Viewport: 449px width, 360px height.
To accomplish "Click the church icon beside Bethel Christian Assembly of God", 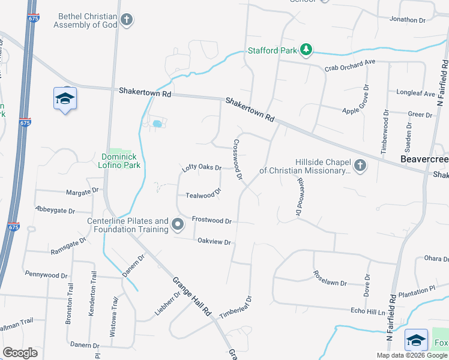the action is point(126,20).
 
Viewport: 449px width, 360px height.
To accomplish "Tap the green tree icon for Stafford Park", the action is point(306,49).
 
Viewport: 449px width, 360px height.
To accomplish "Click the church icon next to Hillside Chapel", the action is point(360,164).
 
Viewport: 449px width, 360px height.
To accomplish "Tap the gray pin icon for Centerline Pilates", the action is point(178,224).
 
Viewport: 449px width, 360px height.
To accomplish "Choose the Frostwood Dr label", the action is point(211,220).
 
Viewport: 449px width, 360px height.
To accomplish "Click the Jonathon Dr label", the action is point(407,20).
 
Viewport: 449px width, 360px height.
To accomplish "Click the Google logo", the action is point(20,352).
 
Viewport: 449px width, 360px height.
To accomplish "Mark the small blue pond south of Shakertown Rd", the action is point(157,124).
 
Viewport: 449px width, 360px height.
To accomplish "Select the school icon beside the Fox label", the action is point(416,340).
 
